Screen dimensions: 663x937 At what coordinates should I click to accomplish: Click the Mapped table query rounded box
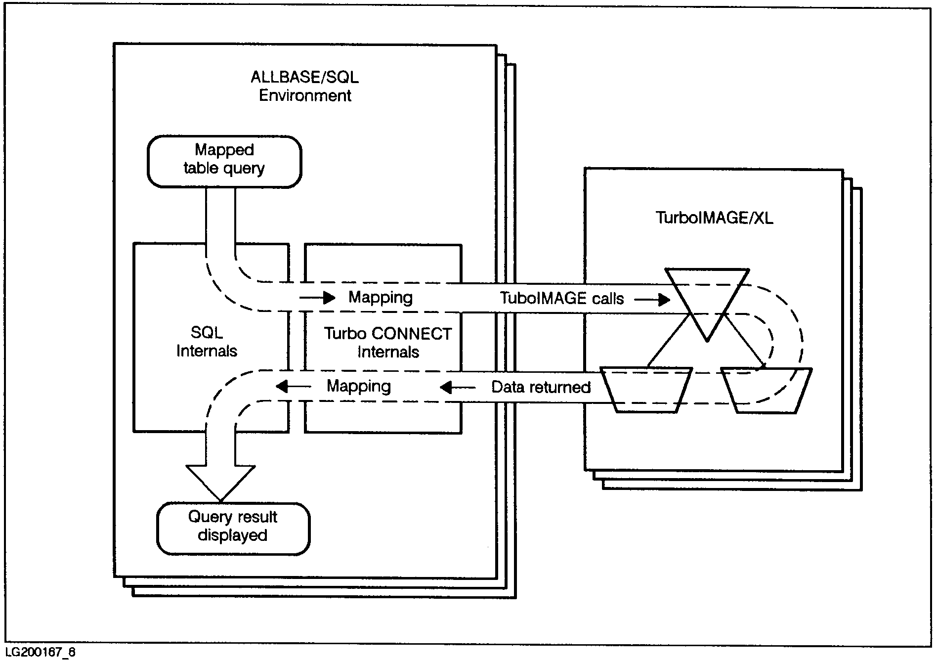pos(224,162)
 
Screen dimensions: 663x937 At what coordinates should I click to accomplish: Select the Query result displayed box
pos(233,528)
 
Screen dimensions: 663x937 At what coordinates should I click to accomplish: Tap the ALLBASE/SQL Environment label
pos(304,86)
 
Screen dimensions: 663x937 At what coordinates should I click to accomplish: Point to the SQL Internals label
pos(207,342)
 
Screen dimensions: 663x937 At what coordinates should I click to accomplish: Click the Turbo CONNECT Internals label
pos(388,343)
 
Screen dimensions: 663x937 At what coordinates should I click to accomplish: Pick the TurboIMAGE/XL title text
pos(714,218)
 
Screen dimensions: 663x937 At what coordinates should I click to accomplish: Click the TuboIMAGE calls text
pos(561,298)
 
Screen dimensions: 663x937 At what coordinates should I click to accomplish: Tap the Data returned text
pos(541,387)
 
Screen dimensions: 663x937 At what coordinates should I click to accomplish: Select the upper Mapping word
pos(380,297)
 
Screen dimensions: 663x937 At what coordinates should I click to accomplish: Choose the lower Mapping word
pos(359,386)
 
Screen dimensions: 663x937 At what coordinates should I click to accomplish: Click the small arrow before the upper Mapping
pos(317,298)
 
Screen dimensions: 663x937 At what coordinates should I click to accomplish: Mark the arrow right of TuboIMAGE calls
pos(652,300)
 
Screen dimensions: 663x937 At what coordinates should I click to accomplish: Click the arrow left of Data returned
pos(457,387)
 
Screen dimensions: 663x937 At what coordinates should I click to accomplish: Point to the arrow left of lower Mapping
pos(293,386)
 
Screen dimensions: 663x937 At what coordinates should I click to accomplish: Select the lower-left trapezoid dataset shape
pos(645,390)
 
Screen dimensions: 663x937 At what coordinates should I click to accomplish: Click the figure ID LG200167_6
pos(41,653)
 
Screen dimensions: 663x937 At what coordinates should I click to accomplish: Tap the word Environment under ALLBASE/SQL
pos(305,95)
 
